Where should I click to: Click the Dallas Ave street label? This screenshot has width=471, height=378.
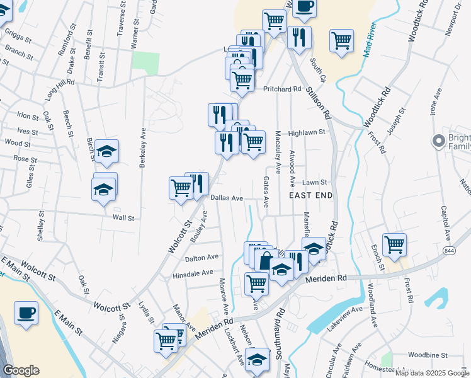[x=227, y=198]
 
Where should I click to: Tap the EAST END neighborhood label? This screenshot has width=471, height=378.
[x=310, y=196]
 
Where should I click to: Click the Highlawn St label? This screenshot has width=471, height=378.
[x=307, y=133]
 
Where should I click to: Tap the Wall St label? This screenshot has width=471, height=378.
[x=123, y=218]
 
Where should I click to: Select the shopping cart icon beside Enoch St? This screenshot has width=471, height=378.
[x=394, y=244]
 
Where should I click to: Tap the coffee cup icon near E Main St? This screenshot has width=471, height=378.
[x=26, y=312]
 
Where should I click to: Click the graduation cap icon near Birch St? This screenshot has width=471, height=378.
[x=107, y=151]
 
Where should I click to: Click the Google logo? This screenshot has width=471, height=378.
[x=21, y=370]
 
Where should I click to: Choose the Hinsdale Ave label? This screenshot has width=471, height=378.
[x=193, y=274]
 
